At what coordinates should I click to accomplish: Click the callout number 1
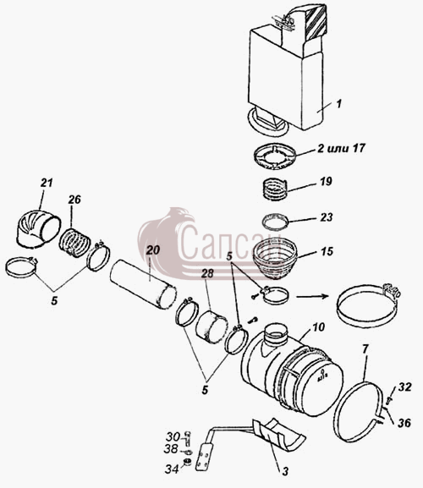[x=339, y=104]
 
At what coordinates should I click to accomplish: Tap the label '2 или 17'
[x=341, y=148]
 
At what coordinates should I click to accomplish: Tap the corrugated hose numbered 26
[x=74, y=243]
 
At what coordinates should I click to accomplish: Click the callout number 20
[x=152, y=250]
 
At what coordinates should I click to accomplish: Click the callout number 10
[x=318, y=327]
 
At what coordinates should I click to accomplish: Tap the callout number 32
[x=404, y=387]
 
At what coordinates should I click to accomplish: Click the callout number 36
[x=404, y=423]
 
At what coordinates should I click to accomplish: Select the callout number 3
[x=285, y=471]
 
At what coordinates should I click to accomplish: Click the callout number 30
[x=173, y=436]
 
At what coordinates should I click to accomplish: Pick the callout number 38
[x=171, y=449]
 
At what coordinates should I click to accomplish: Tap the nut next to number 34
[x=187, y=463]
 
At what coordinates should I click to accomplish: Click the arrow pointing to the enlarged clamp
[x=312, y=296]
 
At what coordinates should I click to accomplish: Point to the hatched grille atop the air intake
[x=316, y=24]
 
